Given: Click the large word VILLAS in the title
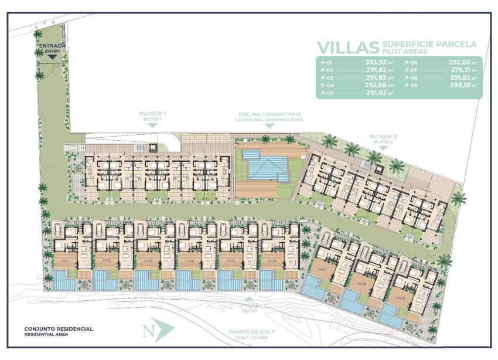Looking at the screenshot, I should click(x=347, y=47).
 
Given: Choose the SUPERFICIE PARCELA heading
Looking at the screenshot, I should click(x=429, y=44).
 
